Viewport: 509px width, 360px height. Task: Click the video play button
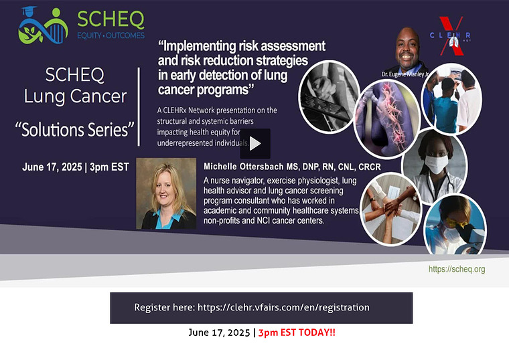tap(255, 143)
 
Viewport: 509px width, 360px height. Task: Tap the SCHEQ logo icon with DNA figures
tap(43, 26)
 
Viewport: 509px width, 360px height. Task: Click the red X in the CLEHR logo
tap(451, 36)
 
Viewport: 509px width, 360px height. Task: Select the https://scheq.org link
tap(457, 269)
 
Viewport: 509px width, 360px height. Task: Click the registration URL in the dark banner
tap(283, 307)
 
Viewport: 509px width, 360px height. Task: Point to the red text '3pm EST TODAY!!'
tap(297, 333)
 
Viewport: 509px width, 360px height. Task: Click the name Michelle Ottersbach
tap(244, 167)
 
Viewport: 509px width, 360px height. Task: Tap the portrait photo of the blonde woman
tap(166, 193)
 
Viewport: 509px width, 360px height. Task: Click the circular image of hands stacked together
tap(391, 209)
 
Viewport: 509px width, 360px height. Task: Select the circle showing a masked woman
tap(435, 166)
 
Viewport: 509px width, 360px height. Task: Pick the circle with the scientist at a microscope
tap(455, 226)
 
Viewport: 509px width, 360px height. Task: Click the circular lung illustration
tap(386, 119)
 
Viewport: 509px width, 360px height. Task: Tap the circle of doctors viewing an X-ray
tap(451, 99)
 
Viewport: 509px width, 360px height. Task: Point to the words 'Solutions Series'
tap(75, 130)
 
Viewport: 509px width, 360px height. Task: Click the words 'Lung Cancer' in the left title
tap(75, 96)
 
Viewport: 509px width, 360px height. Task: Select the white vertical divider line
tap(139, 106)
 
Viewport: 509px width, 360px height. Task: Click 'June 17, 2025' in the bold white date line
tap(52, 167)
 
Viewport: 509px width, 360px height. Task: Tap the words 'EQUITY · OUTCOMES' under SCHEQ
tap(111, 35)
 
